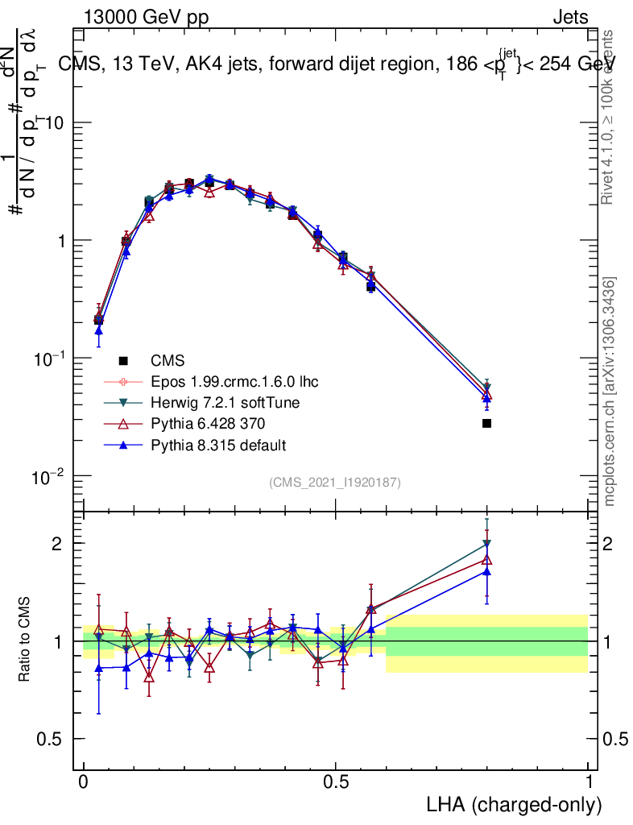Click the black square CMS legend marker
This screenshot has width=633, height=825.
123,359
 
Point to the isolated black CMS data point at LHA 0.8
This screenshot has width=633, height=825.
486,423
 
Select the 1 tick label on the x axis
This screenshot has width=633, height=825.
588,782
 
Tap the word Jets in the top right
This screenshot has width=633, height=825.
569,18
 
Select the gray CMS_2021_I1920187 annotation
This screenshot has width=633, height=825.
335,482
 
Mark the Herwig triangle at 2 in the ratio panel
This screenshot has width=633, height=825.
486,544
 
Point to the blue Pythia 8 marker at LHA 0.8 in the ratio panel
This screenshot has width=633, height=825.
486,571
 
